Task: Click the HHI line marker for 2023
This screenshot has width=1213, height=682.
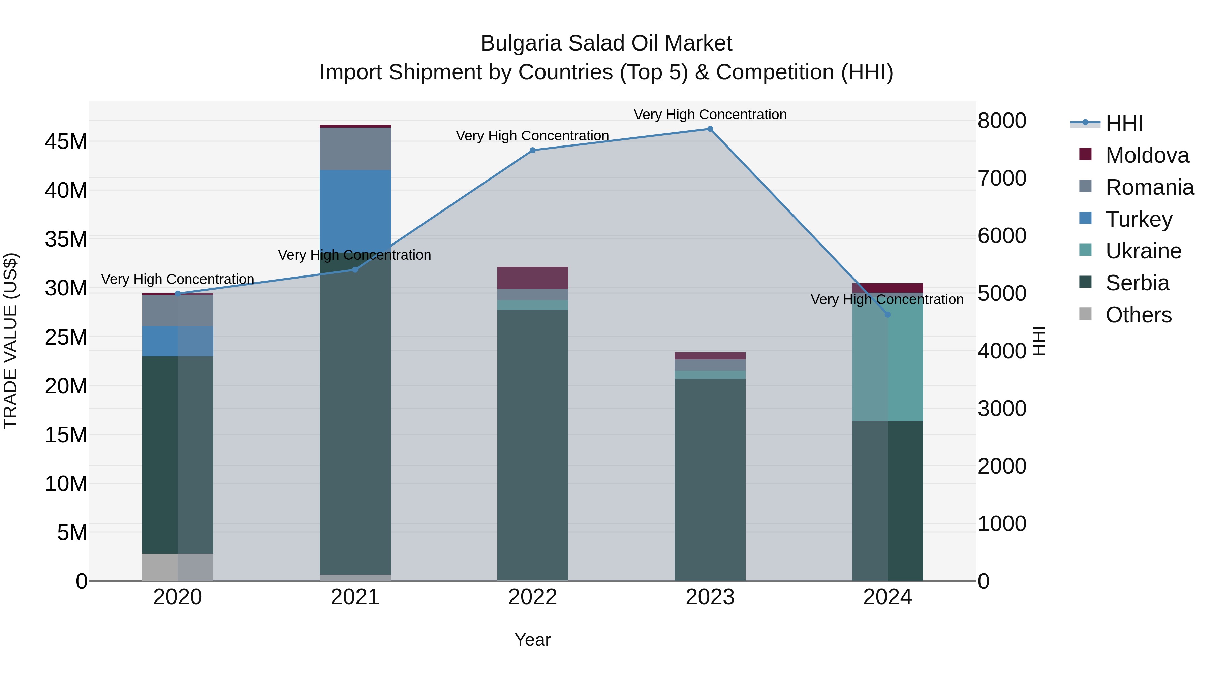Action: (710, 129)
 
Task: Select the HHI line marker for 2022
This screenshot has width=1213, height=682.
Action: (533, 151)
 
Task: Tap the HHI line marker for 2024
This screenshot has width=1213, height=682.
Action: (888, 315)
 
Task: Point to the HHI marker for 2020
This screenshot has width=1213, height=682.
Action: (178, 294)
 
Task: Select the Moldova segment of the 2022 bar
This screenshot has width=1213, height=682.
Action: (533, 278)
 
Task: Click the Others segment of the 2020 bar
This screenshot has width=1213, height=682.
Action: (178, 567)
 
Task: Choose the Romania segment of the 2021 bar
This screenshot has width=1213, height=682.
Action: (355, 149)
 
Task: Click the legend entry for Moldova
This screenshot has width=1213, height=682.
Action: (1147, 155)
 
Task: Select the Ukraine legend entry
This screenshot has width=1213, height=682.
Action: (1143, 251)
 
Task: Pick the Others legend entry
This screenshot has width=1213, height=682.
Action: (1138, 315)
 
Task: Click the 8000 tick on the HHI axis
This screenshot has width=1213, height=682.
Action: (1002, 121)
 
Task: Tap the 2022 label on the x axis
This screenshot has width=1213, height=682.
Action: (533, 597)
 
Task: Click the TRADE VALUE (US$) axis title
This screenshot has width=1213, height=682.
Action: (10, 341)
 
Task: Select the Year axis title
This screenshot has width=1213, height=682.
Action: (533, 640)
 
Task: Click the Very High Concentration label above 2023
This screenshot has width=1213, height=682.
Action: (710, 115)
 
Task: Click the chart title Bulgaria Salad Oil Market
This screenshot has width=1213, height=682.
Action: (606, 43)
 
